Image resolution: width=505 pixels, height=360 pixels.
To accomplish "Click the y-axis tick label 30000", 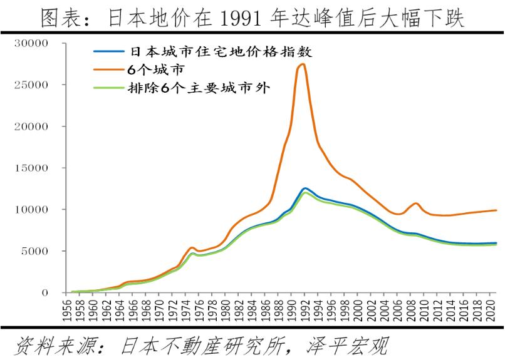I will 33,43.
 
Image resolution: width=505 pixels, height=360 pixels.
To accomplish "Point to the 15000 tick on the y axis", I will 33,168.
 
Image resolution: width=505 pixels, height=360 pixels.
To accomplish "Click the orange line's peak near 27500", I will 304,64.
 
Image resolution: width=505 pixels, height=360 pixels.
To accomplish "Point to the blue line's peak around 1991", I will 305,188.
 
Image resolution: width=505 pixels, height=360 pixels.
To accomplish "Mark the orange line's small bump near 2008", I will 415,203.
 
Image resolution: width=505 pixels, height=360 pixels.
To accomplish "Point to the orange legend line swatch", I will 108,69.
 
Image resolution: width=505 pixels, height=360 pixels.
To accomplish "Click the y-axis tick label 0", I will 45,292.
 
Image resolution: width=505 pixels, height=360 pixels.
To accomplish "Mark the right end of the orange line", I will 497,210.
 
